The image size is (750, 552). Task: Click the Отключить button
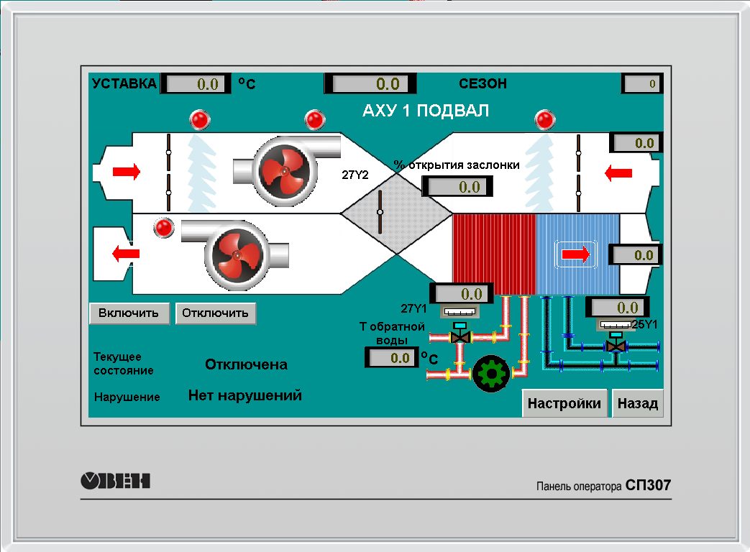[215, 313]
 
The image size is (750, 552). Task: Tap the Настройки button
[564, 403]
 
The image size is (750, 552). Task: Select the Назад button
[638, 403]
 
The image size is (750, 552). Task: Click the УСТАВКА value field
[196, 84]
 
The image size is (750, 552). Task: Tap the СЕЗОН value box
[642, 84]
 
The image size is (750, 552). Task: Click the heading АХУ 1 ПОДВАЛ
[426, 111]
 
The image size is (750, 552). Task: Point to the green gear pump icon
[492, 373]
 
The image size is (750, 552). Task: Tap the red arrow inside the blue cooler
[575, 254]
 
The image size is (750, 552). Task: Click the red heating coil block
[493, 254]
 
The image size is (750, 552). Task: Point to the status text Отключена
[246, 364]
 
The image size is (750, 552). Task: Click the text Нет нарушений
[244, 395]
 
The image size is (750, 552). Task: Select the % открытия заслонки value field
[459, 187]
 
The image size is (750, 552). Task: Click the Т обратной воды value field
[392, 357]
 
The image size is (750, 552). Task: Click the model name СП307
[648, 485]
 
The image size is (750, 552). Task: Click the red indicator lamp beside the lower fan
[165, 228]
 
